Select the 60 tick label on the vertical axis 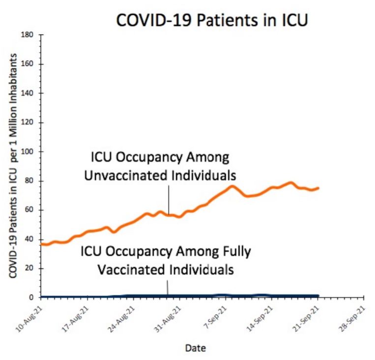(x=29, y=210)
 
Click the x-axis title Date (x=195, y=348)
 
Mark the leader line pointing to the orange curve (x=168, y=199)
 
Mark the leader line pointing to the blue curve (x=168, y=287)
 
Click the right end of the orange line (x=318, y=188)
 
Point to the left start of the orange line (x=41, y=244)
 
